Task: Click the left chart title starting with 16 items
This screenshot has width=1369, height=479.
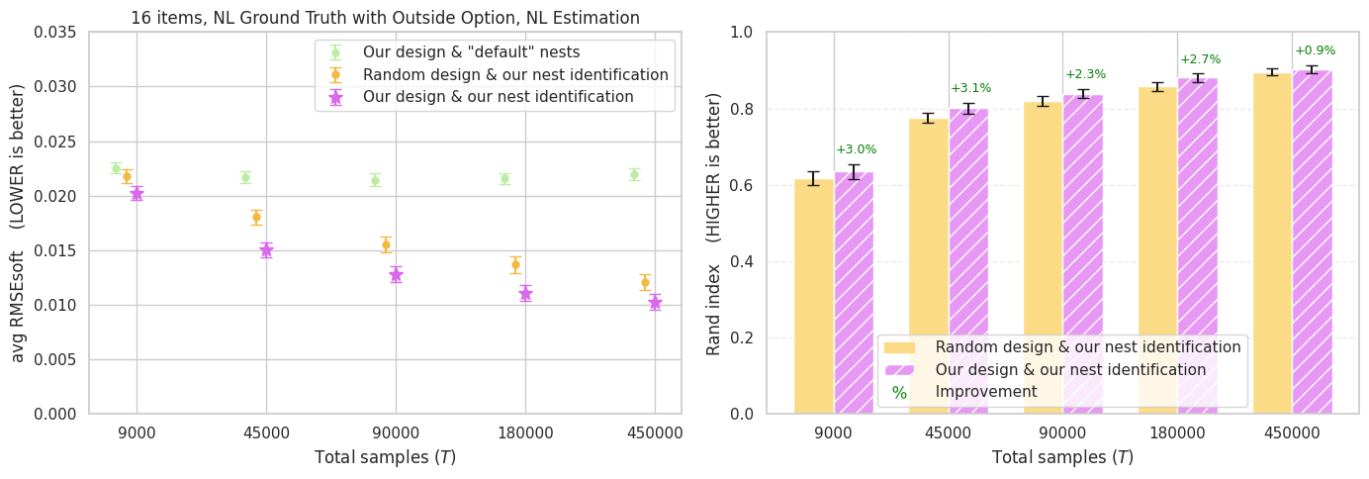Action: pos(385,18)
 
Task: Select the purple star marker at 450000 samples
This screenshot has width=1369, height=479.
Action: pos(655,302)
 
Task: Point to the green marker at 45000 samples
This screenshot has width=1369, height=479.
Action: pos(245,178)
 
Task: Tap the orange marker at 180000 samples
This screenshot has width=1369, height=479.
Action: pos(515,264)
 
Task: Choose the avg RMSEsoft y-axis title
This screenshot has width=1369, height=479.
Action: pos(18,222)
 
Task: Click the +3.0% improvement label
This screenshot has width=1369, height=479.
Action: pos(856,149)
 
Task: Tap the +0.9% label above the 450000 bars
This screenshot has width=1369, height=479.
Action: pos(1315,50)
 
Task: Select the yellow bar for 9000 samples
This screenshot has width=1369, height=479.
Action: pos(814,296)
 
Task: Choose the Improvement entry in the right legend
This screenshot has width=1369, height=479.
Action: pos(985,392)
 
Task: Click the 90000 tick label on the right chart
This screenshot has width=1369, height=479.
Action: pos(1062,433)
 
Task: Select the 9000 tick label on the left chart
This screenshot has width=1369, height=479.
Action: pos(137,433)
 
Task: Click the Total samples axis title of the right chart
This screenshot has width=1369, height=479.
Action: pos(1062,458)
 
